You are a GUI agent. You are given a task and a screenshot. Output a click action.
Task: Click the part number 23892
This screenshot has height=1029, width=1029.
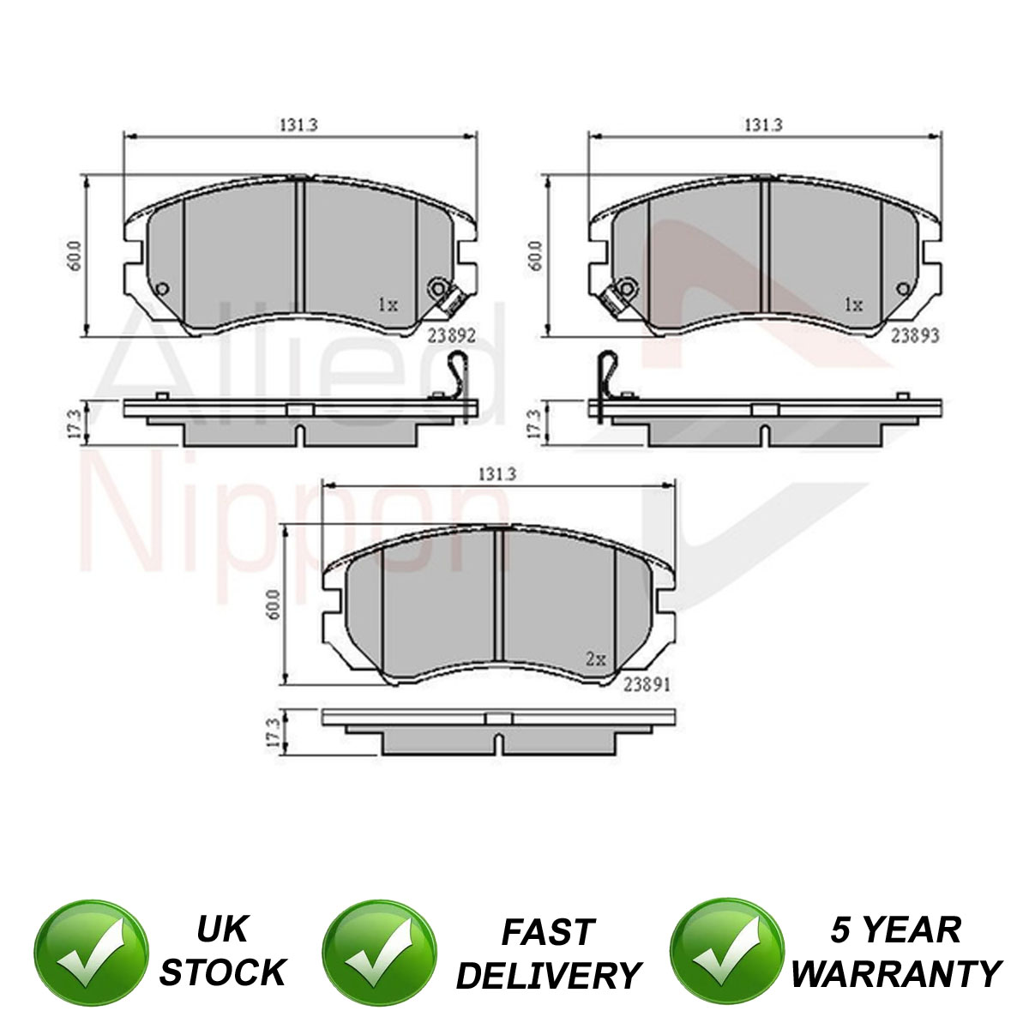pos(451,334)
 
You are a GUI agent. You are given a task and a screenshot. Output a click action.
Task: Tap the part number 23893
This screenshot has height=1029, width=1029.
pos(915,334)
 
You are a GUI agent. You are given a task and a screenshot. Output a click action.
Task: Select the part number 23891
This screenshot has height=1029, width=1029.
pos(647,684)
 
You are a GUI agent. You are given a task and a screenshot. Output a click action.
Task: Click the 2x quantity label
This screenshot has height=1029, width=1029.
pos(596,659)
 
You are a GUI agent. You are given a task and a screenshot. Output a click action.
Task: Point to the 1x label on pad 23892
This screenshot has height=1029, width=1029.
pos(388,304)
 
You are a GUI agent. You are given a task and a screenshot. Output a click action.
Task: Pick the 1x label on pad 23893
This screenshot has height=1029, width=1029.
pos(853,304)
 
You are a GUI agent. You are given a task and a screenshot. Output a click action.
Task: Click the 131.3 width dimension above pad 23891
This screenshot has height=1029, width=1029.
pos(497,473)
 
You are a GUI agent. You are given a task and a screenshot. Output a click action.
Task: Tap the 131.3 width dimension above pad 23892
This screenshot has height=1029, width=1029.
pos(299,124)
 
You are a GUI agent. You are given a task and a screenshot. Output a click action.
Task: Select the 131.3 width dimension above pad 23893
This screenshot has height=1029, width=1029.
pos(764,124)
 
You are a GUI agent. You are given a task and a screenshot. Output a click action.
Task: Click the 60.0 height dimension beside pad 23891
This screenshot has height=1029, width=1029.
pos(274,604)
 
